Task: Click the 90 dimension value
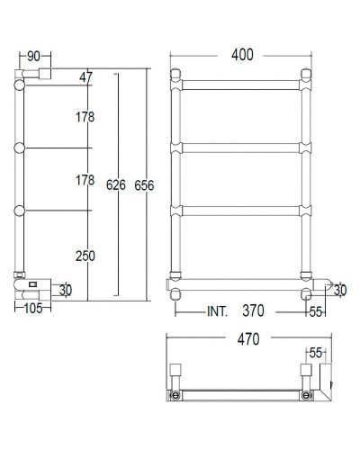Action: coord(32,57)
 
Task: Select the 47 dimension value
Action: coord(86,77)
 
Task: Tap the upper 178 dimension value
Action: coord(85,116)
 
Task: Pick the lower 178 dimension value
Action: coord(85,180)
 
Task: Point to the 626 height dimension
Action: coord(113,185)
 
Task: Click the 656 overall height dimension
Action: coord(143,185)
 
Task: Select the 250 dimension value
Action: coord(85,256)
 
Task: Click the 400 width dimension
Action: coord(241,55)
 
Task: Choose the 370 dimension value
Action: coord(252,311)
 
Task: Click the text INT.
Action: coord(216,311)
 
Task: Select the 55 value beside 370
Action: coord(315,311)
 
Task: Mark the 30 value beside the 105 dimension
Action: coord(66,290)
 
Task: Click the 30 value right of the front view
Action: coord(339,290)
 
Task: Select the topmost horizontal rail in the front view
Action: coord(241,85)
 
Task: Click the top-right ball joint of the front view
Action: coord(306,74)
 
